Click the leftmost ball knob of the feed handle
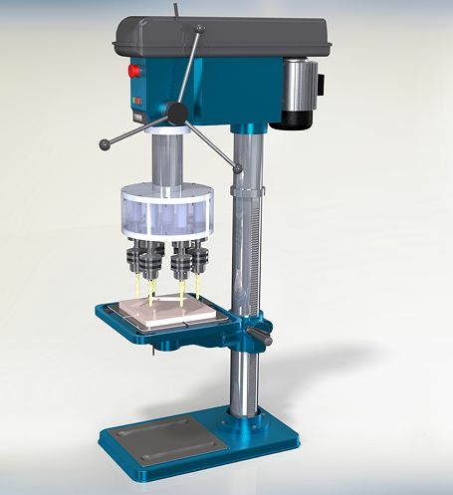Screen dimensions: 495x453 [105, 145]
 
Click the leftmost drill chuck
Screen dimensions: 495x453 [137, 261]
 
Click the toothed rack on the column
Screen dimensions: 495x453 [262, 249]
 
